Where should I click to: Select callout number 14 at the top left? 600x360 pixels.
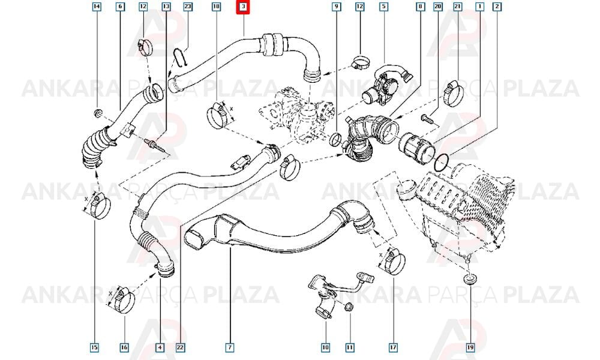coord(97,7)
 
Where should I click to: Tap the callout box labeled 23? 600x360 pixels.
coord(187,7)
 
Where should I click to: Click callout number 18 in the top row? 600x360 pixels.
coord(217,7)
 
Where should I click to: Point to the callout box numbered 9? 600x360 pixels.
coord(336,7)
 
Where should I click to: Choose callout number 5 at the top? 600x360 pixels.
coord(384,7)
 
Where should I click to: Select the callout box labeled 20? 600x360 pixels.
coord(438,7)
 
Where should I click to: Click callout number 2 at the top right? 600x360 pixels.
coord(497,7)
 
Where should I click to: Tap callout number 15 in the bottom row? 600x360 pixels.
coord(94,347)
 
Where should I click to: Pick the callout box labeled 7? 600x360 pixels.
coord(230,347)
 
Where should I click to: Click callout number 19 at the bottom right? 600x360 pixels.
coord(470,347)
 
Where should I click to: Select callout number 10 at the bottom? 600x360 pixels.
coord(325,347)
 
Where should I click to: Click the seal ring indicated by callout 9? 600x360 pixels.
coord(335,140)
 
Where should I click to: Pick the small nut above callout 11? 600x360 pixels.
coord(349,307)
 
